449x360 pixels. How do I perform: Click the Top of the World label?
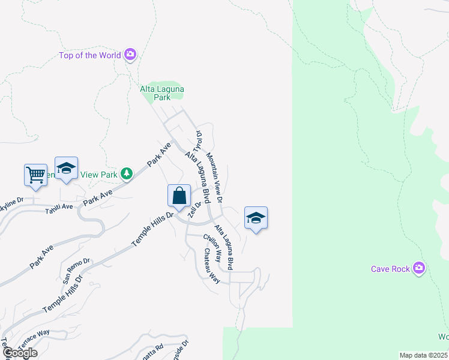click(90, 56)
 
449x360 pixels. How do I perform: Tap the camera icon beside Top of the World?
click(130, 55)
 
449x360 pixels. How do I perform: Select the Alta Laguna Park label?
click(162, 92)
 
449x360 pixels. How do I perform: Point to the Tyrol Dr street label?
click(197, 141)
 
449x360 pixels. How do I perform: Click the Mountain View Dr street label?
click(215, 177)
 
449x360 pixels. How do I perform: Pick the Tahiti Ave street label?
click(59, 207)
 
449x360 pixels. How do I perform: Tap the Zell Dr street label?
click(193, 209)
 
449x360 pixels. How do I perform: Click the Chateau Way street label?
click(211, 265)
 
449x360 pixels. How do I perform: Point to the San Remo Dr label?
click(76, 270)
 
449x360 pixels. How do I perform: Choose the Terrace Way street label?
click(33, 337)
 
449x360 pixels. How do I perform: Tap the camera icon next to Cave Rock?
click(419, 268)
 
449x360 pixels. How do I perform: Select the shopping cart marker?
click(35, 175)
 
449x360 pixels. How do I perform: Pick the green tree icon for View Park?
click(126, 174)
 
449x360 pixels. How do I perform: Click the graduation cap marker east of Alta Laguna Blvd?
click(256, 218)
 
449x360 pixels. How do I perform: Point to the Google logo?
click(20, 353)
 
